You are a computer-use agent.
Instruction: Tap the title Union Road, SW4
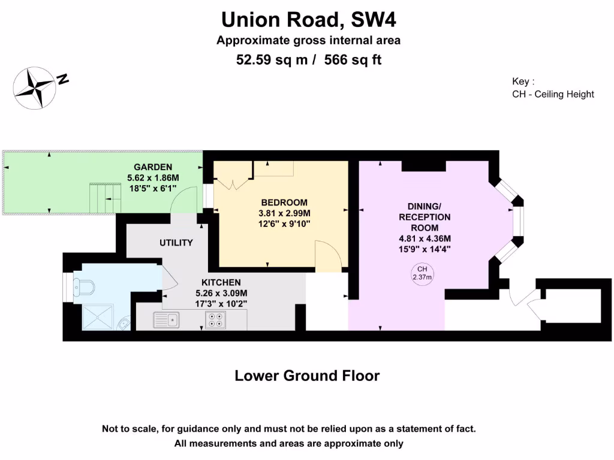(309, 20)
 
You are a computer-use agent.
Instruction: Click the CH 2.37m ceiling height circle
(422, 273)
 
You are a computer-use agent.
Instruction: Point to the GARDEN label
(153, 167)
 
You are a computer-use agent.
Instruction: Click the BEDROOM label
(284, 202)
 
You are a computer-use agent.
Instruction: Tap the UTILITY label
(176, 243)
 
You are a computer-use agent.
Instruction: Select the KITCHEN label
(221, 282)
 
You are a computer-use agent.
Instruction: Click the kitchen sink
(166, 320)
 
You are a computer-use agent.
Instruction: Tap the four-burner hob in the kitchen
(215, 320)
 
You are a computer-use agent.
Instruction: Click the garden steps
(101, 198)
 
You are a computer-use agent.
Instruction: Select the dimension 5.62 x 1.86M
(153, 178)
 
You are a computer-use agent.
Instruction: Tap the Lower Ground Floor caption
(307, 376)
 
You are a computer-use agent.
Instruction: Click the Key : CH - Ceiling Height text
(553, 88)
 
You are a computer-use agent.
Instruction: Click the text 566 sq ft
(353, 60)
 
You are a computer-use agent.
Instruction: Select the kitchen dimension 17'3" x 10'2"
(221, 304)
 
